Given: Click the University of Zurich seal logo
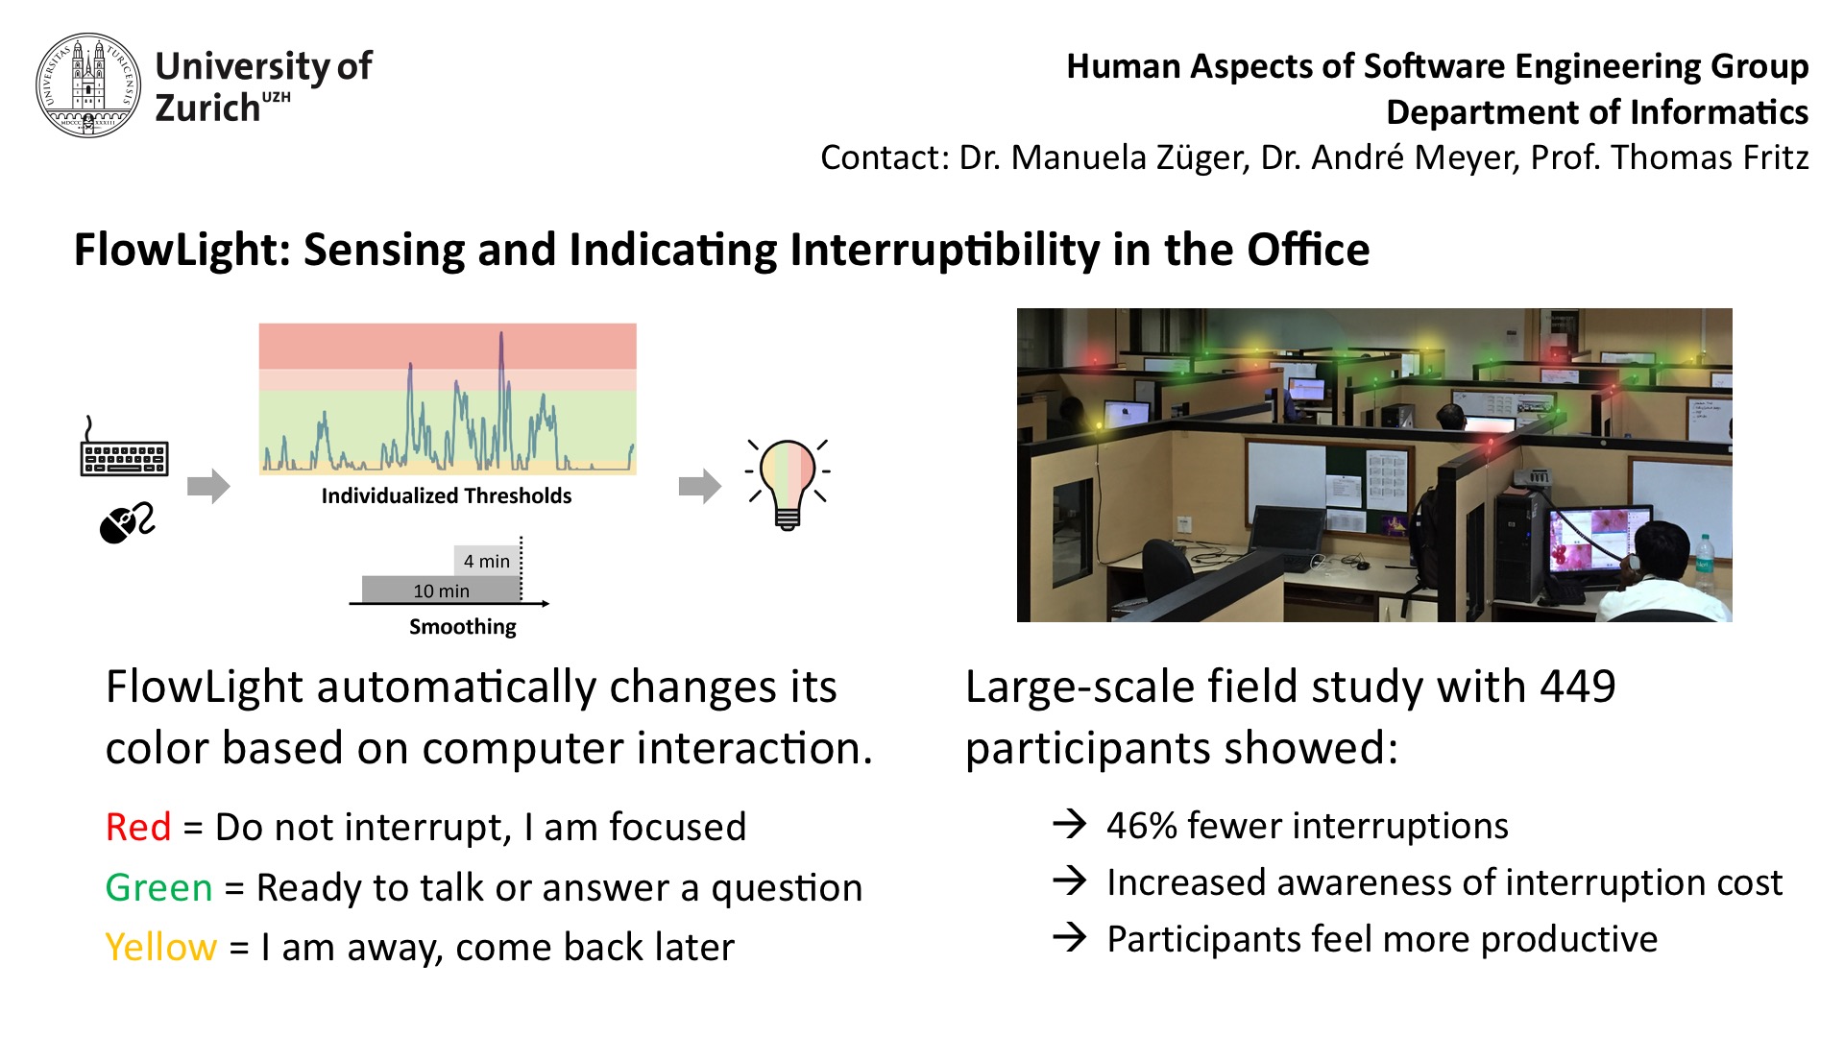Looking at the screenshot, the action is (88, 85).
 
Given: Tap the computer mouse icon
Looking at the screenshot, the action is (127, 522).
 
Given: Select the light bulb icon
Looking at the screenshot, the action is (788, 484).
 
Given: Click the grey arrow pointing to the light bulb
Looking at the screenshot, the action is (700, 486).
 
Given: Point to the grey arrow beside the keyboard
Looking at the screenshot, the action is (209, 486).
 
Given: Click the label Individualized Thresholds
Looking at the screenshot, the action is (447, 495).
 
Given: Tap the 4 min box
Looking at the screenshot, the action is (488, 561).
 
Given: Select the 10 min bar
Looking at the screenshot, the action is (442, 591).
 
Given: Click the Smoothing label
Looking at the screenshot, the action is (463, 627).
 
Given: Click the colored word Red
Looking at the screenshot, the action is (138, 827).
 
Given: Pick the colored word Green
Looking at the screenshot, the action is (158, 887).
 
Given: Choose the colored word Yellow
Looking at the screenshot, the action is (161, 948).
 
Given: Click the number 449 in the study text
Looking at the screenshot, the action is (1578, 687).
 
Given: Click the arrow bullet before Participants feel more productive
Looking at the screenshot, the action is (1069, 937).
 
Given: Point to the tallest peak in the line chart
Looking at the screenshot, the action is (501, 334).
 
